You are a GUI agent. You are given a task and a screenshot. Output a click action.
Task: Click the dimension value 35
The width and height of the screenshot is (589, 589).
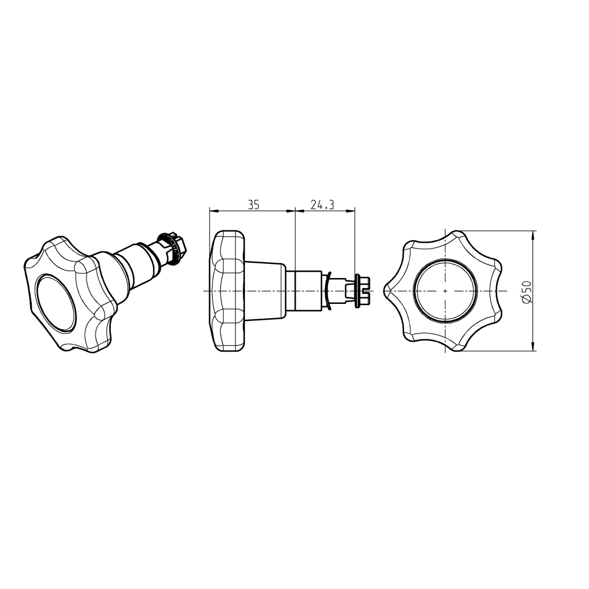[253, 205]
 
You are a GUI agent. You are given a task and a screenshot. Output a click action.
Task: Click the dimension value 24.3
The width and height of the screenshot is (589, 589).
[322, 205]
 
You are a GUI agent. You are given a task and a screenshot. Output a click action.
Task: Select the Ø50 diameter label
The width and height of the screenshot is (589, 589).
[527, 291]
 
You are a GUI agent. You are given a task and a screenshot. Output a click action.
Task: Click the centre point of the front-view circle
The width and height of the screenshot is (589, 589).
[445, 291]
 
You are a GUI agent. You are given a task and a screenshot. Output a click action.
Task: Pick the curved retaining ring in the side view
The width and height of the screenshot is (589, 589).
[327, 291]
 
